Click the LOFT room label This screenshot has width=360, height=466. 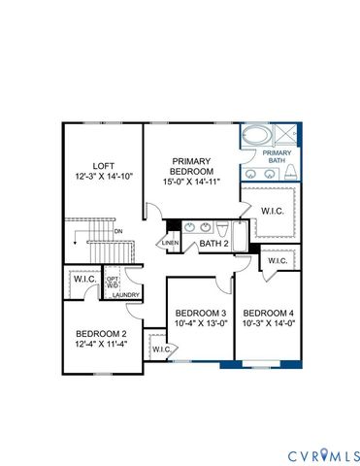[x=104, y=166]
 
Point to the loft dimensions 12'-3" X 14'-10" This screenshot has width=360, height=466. [x=104, y=177]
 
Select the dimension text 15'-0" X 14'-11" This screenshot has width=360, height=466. [x=192, y=183]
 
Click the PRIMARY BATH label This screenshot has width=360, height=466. [x=278, y=156]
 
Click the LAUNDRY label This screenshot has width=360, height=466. [x=126, y=295]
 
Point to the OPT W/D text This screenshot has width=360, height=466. [x=112, y=281]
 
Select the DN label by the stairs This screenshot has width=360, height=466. [x=117, y=232]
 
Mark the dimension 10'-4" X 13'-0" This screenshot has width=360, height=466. [x=200, y=323]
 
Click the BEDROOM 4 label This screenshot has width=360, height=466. [x=267, y=312]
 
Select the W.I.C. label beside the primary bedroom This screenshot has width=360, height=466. [x=273, y=209]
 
